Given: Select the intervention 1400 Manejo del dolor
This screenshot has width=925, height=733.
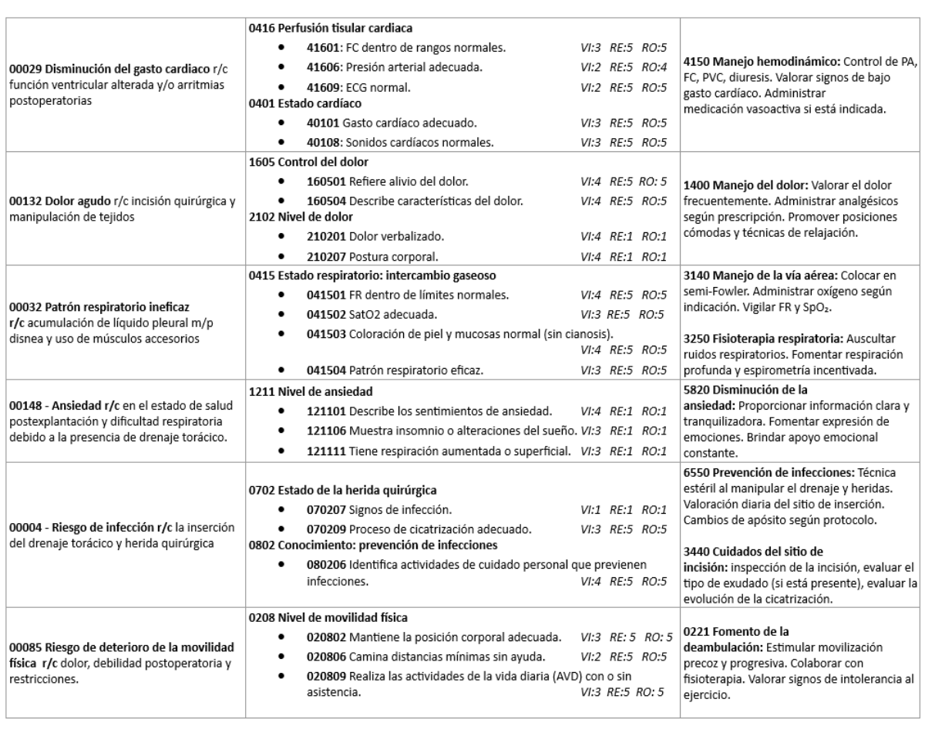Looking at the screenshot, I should (x=743, y=185).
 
